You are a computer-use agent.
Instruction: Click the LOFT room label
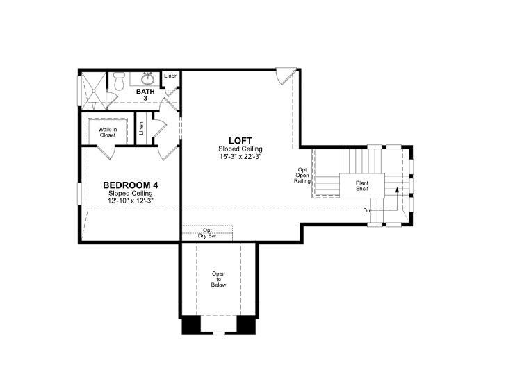[240, 141]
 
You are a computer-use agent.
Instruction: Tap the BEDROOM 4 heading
[131, 185]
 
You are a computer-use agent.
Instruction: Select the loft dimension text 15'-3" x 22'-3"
[240, 157]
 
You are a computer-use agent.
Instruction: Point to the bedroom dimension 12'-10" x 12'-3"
[131, 201]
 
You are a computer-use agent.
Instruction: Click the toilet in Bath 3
[119, 81]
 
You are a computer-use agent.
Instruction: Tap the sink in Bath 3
[147, 79]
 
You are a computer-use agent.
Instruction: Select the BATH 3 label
[145, 95]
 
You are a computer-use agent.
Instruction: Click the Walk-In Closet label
[108, 133]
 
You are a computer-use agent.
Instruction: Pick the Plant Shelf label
[362, 186]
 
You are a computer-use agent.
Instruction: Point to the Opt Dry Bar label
[207, 233]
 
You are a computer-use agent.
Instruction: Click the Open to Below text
[219, 279]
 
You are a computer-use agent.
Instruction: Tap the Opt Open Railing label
[302, 176]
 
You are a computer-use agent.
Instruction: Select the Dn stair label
[366, 210]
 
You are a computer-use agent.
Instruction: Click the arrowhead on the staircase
[397, 189]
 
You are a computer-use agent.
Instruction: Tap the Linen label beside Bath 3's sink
[171, 76]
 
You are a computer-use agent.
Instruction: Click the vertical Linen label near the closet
[142, 128]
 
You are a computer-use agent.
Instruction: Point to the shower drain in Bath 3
[94, 90]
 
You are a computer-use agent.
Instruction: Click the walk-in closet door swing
[106, 152]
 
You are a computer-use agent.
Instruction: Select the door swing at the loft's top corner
[286, 76]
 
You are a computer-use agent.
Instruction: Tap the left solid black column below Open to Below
[191, 324]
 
